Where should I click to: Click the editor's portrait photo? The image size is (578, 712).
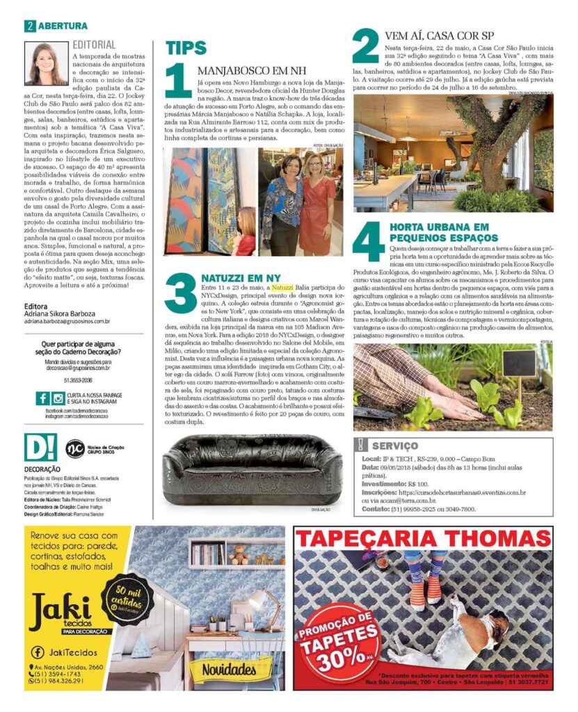(46, 63)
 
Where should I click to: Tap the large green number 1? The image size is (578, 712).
(179, 81)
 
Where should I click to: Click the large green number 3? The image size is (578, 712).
(180, 294)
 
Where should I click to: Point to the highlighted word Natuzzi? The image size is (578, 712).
(282, 287)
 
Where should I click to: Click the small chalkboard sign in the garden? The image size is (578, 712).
(519, 363)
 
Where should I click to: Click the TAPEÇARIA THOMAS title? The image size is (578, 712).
(423, 538)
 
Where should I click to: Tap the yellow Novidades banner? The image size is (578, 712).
(229, 670)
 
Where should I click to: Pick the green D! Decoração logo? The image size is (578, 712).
(40, 448)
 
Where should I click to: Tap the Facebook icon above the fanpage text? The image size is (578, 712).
(42, 398)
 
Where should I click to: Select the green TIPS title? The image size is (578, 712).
(186, 48)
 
